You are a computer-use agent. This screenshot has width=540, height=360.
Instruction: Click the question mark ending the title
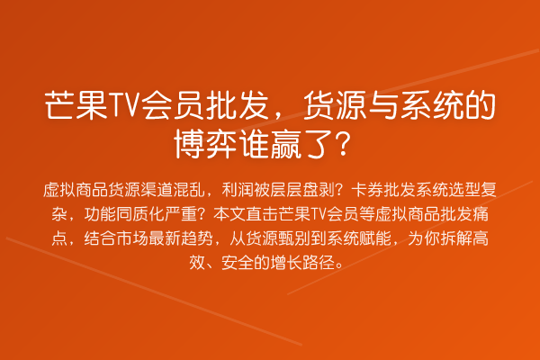341,142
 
